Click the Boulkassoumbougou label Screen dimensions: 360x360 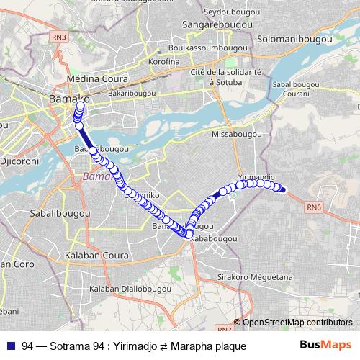201,48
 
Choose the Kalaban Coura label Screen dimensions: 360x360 96,256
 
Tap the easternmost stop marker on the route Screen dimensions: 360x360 284,190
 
